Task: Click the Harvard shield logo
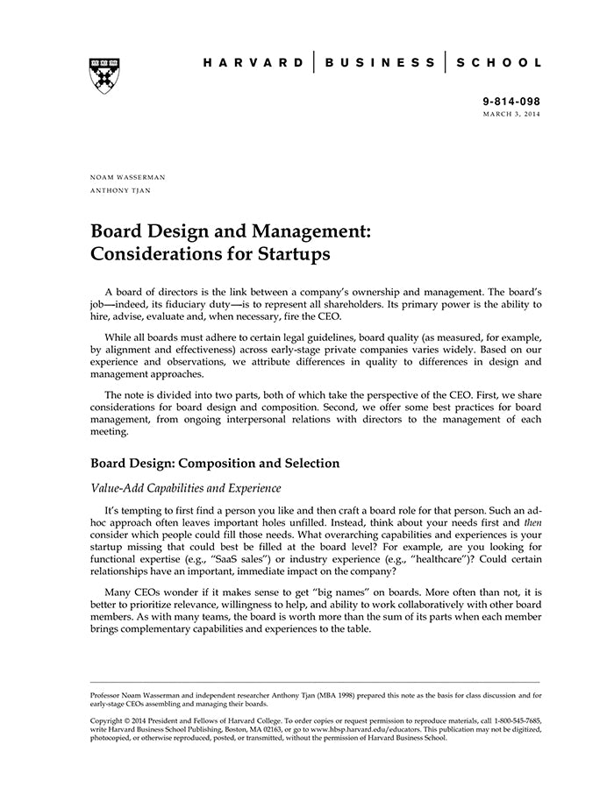click(x=104, y=74)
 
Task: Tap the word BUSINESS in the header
click(x=380, y=63)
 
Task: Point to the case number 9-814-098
click(x=511, y=103)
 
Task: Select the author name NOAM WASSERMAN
click(x=128, y=177)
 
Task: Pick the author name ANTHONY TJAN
click(x=120, y=190)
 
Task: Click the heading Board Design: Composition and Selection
click(x=215, y=463)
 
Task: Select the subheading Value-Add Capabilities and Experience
click(x=185, y=488)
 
